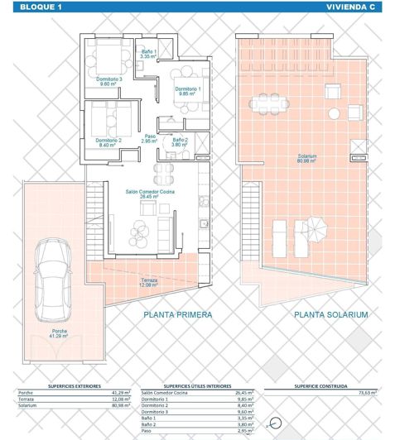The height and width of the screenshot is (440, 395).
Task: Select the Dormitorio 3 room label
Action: tap(108, 81)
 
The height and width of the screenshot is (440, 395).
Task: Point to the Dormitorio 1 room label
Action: tap(186, 91)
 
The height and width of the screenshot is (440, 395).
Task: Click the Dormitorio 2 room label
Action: tap(108, 142)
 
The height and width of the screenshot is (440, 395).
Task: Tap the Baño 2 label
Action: tap(180, 141)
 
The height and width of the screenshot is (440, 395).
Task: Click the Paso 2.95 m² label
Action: tap(150, 139)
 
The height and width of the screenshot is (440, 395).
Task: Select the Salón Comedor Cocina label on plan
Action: tap(149, 194)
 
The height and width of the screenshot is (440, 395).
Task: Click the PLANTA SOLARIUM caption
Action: tap(313, 315)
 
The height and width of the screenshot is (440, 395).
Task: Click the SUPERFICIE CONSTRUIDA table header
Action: tap(320, 385)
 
